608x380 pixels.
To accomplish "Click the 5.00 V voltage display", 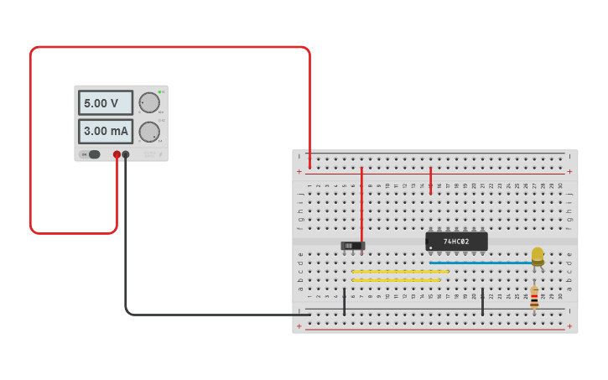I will click(x=106, y=102).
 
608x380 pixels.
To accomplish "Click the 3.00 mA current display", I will click(x=106, y=131).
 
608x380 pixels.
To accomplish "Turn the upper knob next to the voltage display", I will click(x=149, y=102).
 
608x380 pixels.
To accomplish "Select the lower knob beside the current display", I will click(x=149, y=132).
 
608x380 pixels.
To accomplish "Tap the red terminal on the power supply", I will click(x=117, y=154).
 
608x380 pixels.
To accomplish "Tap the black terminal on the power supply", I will click(x=126, y=154).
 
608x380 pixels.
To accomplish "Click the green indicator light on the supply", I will click(x=158, y=91).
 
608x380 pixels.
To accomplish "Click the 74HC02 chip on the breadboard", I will click(x=456, y=242).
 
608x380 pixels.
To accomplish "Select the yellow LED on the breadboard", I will click(x=538, y=255).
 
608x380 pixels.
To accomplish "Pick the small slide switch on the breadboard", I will click(x=353, y=246).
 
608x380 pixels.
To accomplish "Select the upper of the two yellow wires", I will click(x=399, y=272).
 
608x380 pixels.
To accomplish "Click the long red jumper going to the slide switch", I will click(x=361, y=206).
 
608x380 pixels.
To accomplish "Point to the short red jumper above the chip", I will click(x=431, y=180).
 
